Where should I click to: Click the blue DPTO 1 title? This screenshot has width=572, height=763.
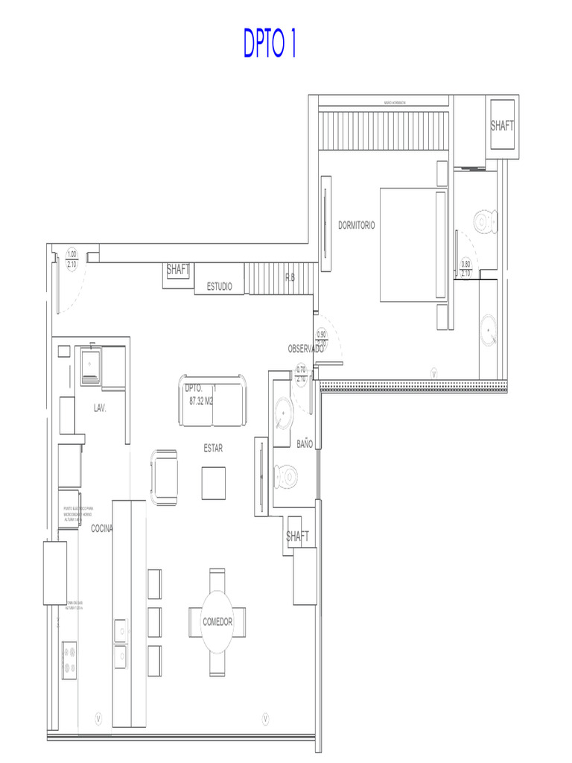pos(270,43)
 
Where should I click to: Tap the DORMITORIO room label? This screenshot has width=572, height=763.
pos(357,225)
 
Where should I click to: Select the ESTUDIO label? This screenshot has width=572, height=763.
pos(219,286)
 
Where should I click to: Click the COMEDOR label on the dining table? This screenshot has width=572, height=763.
pos(217,621)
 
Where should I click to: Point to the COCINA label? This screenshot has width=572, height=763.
pos(101,528)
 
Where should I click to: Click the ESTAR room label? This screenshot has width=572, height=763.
pos(213,449)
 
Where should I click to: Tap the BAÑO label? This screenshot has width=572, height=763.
pos(305,443)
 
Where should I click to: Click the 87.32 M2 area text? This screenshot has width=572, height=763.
pos(202,400)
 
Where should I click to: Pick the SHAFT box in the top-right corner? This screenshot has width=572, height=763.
pos(502,126)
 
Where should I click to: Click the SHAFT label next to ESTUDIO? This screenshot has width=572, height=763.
pos(178,270)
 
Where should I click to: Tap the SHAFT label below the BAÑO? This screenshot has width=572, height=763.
pos(297,536)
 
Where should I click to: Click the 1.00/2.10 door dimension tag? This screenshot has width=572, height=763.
pos(72,259)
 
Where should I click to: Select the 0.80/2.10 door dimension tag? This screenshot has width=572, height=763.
pos(465,268)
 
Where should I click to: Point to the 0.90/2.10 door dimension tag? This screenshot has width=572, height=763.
pos(322,338)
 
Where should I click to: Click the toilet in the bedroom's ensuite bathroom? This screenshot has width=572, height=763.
pos(486,222)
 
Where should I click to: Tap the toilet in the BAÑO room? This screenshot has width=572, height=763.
pos(287,474)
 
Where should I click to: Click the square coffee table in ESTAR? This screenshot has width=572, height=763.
pos(213,482)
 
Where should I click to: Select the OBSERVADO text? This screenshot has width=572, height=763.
pos(305,349)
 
